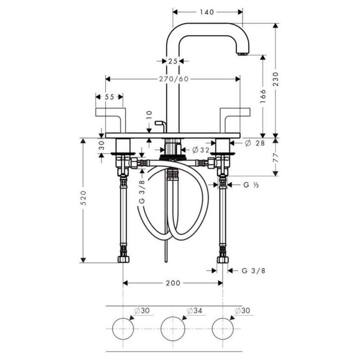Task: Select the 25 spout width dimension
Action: tap(172, 61)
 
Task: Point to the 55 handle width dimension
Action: tap(109, 97)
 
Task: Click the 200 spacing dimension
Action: tap(173, 283)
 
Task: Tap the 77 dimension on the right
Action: tap(276, 156)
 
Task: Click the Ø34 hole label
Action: tap(194, 310)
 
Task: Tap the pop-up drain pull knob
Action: tap(160, 124)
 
